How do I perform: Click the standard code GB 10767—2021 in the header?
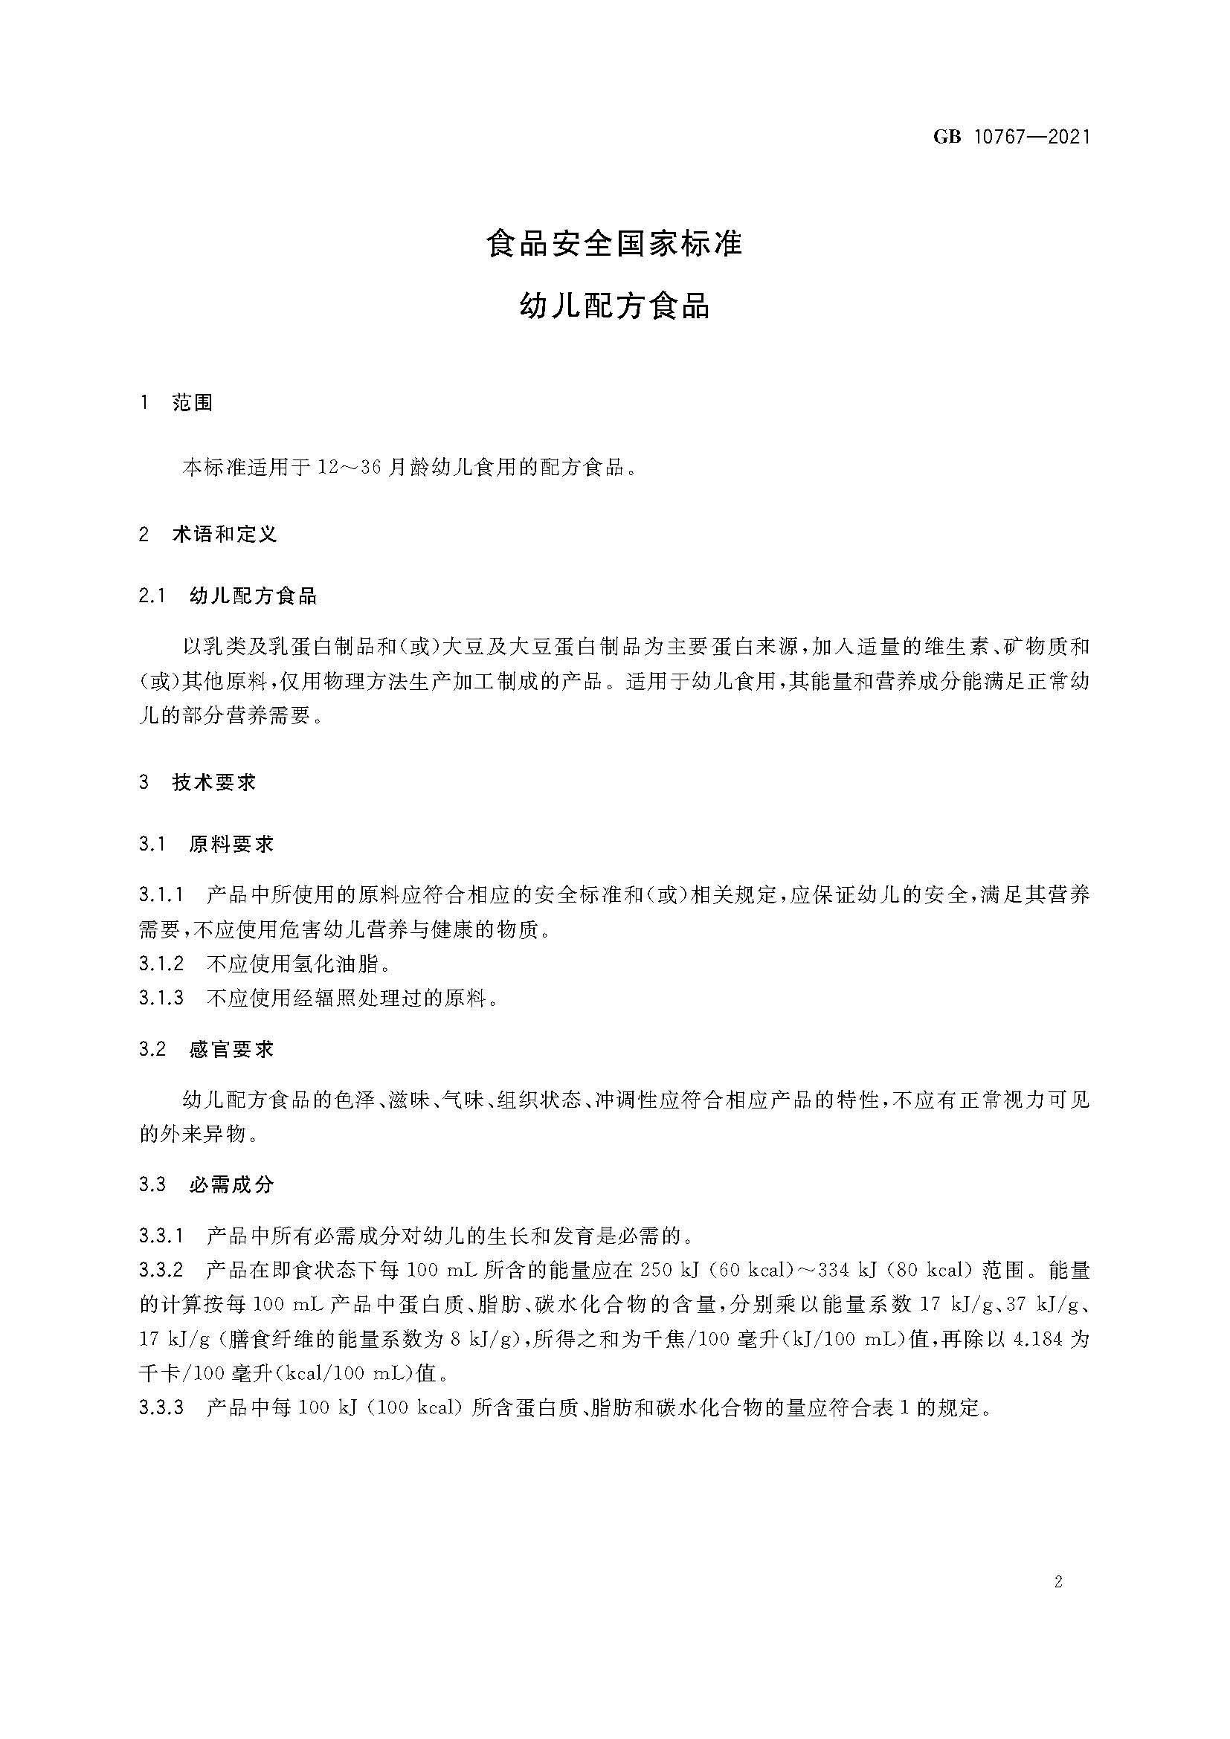coord(1011,137)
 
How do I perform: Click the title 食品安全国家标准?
coord(614,244)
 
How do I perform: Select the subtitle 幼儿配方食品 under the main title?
coord(614,307)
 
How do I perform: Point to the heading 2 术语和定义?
coord(208,534)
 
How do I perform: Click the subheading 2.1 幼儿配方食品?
coord(228,596)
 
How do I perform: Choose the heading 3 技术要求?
coord(198,782)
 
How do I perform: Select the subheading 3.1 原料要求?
coord(206,845)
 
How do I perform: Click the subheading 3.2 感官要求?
coord(206,1049)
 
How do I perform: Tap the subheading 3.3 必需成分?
coord(206,1184)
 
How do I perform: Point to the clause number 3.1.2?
coord(161,964)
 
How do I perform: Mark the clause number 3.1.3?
coord(161,998)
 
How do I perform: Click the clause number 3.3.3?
coord(161,1408)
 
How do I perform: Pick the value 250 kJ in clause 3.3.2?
coord(667,1271)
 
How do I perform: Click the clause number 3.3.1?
coord(161,1237)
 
